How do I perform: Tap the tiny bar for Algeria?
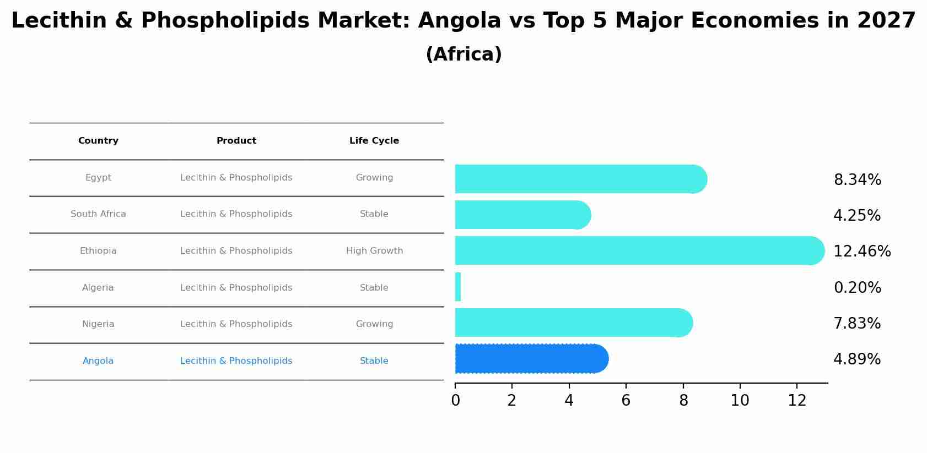click(458, 287)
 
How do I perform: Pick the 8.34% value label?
click(857, 180)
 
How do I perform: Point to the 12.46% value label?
click(861, 252)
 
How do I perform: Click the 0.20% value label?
click(857, 288)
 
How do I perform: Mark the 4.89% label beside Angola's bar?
click(856, 359)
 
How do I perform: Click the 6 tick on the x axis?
click(626, 401)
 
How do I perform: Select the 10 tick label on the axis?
click(740, 401)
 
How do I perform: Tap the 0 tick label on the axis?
click(455, 401)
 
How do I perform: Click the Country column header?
click(98, 141)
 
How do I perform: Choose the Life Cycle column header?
click(374, 141)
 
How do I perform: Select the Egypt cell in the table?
click(98, 178)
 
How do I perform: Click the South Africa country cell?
click(98, 214)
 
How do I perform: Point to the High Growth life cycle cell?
click(374, 251)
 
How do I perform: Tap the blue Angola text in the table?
click(98, 361)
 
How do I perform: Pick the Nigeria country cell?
click(98, 324)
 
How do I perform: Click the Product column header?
click(236, 141)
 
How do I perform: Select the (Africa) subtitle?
click(463, 54)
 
